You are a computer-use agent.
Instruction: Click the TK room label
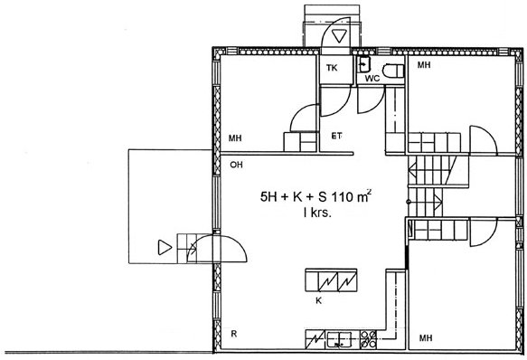tap(332, 68)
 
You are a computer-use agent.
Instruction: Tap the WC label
tap(372, 79)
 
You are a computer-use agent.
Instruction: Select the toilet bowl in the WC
tap(393, 71)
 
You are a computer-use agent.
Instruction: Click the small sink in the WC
tap(363, 64)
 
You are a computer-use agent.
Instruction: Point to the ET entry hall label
tap(337, 136)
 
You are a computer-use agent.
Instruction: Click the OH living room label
tap(236, 165)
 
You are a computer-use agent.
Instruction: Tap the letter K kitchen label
tap(318, 301)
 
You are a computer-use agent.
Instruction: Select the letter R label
tap(234, 334)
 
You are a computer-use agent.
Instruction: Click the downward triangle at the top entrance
tap(339, 35)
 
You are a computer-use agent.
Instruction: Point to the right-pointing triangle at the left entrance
tap(165, 248)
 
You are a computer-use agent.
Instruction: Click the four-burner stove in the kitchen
tap(369, 339)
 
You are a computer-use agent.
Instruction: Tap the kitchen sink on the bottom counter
tap(339, 339)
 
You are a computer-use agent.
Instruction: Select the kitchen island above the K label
tap(331, 279)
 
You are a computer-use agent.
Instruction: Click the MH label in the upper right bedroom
tap(424, 64)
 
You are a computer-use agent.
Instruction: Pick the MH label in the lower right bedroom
tap(426, 337)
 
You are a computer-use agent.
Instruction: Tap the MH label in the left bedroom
tap(235, 138)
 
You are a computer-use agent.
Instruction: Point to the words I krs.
tap(317, 213)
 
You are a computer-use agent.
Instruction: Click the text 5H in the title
tap(268, 197)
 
